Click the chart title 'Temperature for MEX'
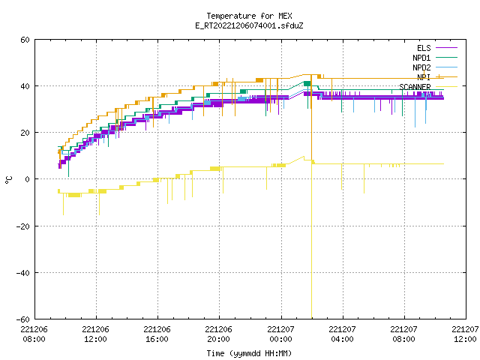(x=249, y=16)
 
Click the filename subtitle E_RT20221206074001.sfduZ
(x=249, y=25)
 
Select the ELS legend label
(x=424, y=48)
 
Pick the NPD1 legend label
(x=421, y=58)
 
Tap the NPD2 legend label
(x=421, y=67)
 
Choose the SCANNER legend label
(x=415, y=87)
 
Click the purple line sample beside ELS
(x=446, y=48)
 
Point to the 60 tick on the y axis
(x=25, y=40)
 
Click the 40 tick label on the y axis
(x=25, y=86)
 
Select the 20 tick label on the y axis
(x=25, y=133)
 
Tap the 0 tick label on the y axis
(x=27, y=179)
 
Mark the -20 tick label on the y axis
(x=23, y=226)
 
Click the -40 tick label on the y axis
(x=23, y=273)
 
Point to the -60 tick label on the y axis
(x=23, y=319)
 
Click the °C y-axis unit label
(x=8, y=180)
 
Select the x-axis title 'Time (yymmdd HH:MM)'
(x=249, y=353)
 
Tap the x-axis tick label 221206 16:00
(x=157, y=334)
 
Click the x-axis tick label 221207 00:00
(x=280, y=334)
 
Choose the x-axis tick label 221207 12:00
(x=465, y=334)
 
